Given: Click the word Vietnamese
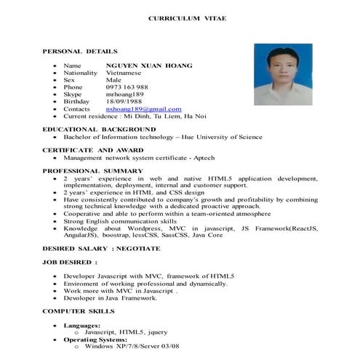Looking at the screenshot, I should pos(127,73).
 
